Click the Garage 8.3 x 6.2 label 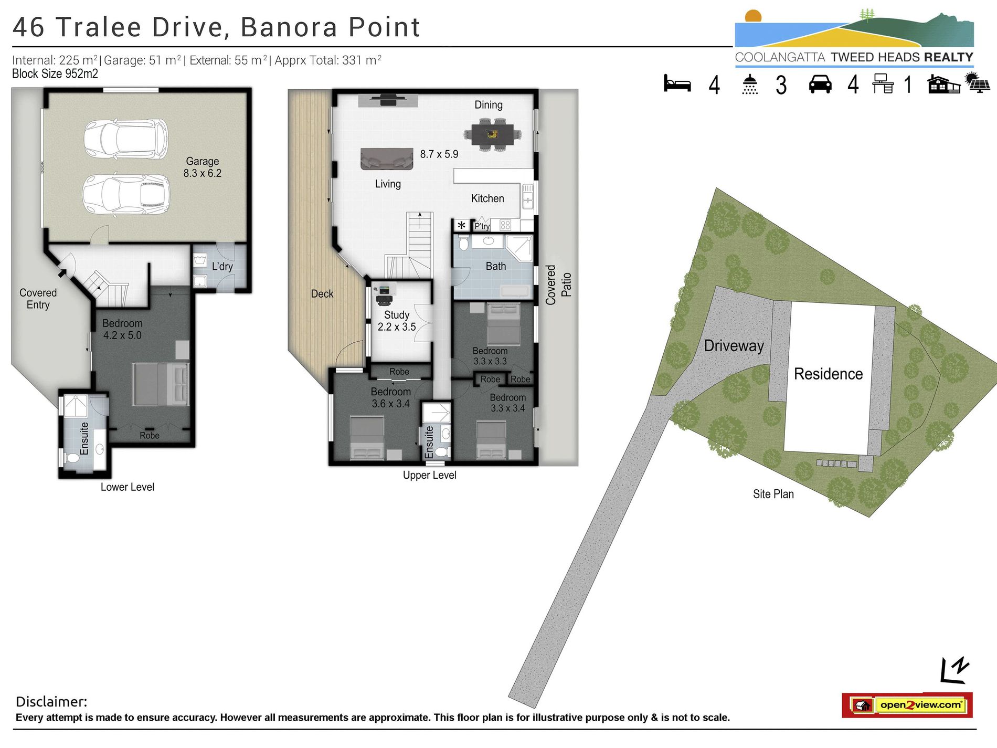tap(202, 167)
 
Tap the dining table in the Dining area tap(492, 134)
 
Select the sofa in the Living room tap(386, 158)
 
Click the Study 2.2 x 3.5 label tap(396, 321)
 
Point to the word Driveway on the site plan tap(734, 346)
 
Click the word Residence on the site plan tap(828, 374)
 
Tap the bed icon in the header tap(677, 84)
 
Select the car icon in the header tap(820, 84)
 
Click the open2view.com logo tap(907, 704)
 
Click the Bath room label tap(495, 266)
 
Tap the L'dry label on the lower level tap(222, 266)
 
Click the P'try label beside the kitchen tap(482, 226)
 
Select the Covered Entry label tap(38, 299)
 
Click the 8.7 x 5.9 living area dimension tap(439, 154)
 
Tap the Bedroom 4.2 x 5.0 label tap(122, 329)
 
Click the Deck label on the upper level tap(322, 294)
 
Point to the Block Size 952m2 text tap(55, 74)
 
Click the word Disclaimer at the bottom tap(51, 701)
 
